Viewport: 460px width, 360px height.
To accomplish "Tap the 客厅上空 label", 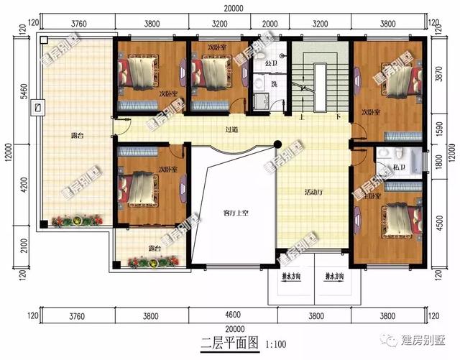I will tap(235, 213).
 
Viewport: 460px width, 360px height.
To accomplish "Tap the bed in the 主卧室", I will tap(397, 218).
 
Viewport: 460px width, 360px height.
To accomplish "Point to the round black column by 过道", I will tap(277, 145).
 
